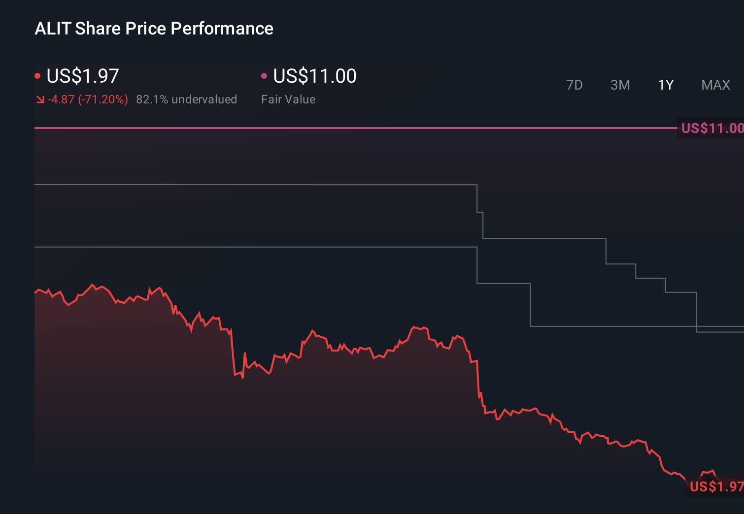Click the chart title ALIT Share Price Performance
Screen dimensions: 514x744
(154, 29)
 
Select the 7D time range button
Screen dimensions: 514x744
(574, 85)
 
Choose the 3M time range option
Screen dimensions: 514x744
(620, 85)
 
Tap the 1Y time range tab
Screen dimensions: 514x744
(666, 85)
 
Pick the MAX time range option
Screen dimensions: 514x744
(715, 85)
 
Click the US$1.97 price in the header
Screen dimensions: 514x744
(83, 76)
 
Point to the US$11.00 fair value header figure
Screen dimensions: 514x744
(314, 76)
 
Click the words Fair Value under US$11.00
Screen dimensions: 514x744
(288, 99)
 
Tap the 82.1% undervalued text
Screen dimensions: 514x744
(186, 99)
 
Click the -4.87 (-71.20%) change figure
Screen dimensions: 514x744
(88, 99)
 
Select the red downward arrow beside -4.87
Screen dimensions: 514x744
(40, 100)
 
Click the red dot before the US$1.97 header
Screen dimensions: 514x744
(37, 76)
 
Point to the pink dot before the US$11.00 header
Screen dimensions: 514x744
(264, 76)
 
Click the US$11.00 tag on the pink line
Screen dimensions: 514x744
(711, 128)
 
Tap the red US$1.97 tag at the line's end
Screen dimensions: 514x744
(716, 486)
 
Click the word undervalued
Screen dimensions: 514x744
(204, 99)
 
